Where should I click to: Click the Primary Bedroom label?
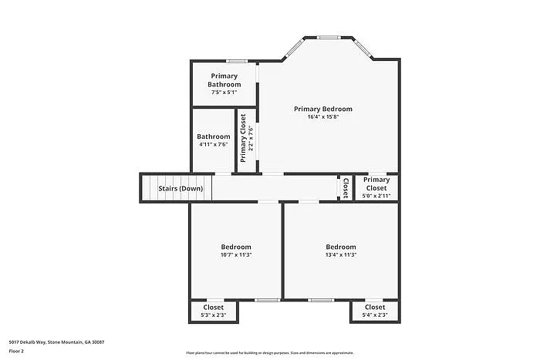click(322, 109)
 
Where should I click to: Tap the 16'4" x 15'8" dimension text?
click(322, 117)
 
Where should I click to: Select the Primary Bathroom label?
click(224, 80)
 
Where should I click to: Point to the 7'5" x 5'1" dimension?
click(224, 93)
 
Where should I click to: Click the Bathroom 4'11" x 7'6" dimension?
click(213, 144)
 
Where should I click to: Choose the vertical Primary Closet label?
click(243, 138)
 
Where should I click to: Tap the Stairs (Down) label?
click(181, 188)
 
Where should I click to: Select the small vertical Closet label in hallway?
click(345, 187)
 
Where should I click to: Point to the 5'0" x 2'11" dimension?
click(376, 196)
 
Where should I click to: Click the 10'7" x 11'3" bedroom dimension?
click(236, 255)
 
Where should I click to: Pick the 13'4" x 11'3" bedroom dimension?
click(340, 255)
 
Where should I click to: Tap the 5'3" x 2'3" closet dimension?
click(214, 315)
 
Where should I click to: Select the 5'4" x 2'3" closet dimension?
click(375, 315)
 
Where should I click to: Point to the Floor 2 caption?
click(17, 350)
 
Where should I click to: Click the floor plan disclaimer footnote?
click(269, 352)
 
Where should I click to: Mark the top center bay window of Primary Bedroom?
click(329, 36)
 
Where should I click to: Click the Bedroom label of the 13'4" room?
click(340, 247)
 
